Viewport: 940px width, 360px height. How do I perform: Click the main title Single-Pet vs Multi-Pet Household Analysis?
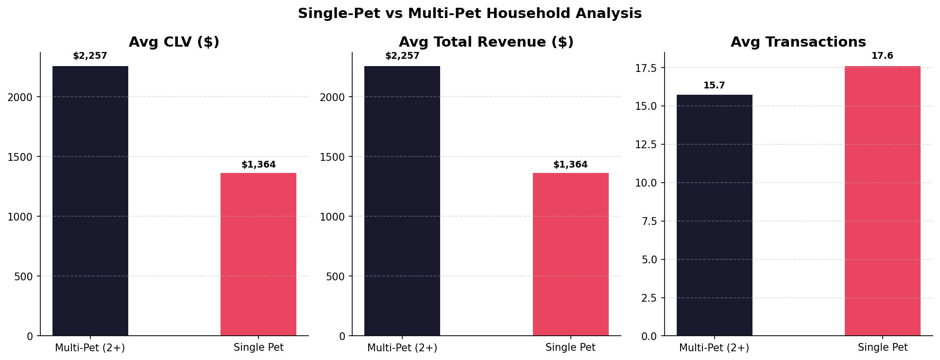(x=470, y=14)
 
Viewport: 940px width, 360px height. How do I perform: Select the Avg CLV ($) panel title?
(x=174, y=42)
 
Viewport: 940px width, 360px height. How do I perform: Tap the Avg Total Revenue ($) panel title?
(x=486, y=42)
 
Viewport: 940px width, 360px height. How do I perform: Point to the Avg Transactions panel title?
(x=798, y=42)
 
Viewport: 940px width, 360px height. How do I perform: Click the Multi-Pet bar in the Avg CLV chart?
(x=90, y=201)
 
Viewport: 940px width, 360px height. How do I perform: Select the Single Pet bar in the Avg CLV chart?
(x=258, y=254)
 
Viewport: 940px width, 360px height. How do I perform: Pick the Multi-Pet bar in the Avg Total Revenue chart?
(x=402, y=201)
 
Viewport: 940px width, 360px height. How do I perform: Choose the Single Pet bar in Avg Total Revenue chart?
(x=570, y=254)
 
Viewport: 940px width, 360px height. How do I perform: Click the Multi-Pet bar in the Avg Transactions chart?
(x=714, y=215)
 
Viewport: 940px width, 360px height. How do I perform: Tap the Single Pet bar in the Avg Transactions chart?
(x=882, y=201)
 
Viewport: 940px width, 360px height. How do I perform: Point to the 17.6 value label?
(x=882, y=56)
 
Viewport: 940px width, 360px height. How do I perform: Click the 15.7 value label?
(x=714, y=86)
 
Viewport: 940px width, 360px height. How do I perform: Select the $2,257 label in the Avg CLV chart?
(x=90, y=56)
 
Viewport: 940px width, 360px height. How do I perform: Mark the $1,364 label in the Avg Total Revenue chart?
(x=570, y=165)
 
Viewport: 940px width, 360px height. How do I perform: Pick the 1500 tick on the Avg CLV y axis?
(x=20, y=157)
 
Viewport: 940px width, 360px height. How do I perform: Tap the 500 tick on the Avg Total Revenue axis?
(x=335, y=276)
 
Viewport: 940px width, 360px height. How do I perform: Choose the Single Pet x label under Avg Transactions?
(x=882, y=348)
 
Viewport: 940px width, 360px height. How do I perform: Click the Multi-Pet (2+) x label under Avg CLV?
(x=90, y=348)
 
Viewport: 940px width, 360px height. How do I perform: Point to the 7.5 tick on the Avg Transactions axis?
(x=649, y=222)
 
